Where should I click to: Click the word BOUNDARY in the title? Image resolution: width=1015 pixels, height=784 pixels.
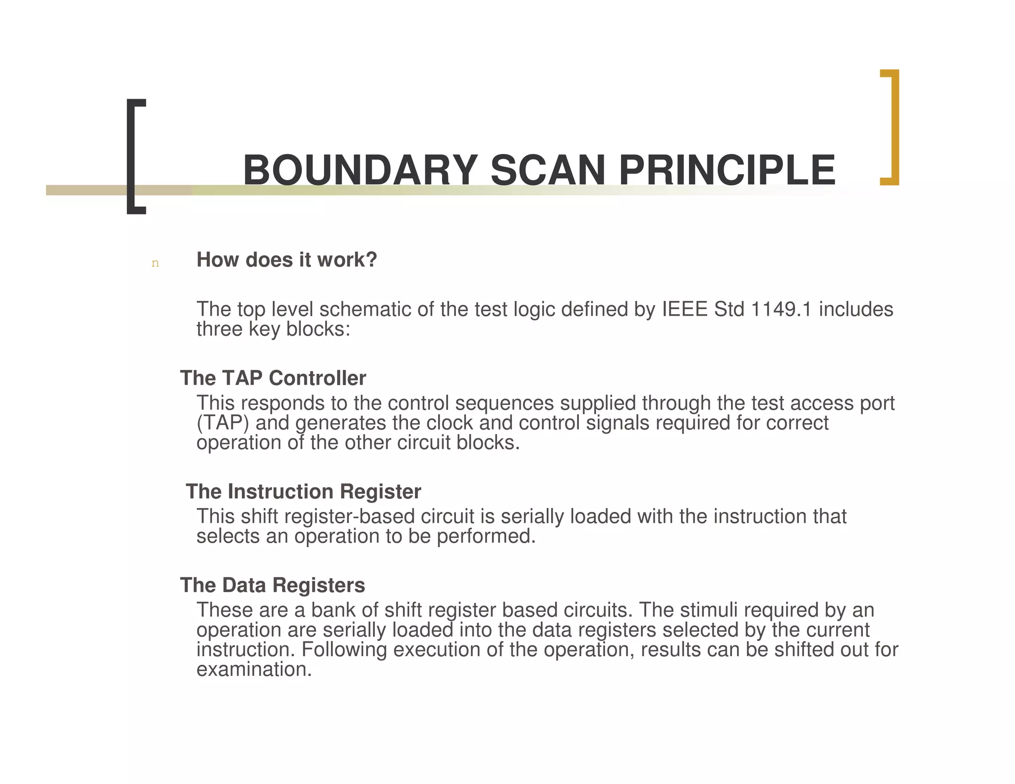tap(360, 170)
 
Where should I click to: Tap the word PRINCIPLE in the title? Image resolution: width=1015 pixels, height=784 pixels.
tap(727, 170)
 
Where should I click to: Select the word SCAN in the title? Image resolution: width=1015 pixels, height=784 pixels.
tap(548, 170)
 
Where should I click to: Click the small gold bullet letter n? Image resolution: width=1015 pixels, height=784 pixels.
tap(155, 263)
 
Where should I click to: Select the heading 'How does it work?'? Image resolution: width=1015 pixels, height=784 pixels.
tap(286, 260)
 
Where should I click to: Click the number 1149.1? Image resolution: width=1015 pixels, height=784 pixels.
tap(782, 309)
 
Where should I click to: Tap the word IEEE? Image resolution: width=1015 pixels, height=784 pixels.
tap(685, 309)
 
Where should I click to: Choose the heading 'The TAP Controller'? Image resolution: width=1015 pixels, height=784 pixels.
tap(273, 378)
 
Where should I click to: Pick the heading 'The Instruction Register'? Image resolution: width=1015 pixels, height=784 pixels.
tap(303, 492)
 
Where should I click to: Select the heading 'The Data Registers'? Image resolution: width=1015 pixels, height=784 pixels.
tap(273, 585)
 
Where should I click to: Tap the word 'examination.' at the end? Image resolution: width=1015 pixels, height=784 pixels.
tap(254, 670)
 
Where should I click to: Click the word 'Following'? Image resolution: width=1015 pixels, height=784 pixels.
tap(344, 650)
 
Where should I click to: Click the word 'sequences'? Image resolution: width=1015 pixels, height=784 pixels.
tap(504, 403)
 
